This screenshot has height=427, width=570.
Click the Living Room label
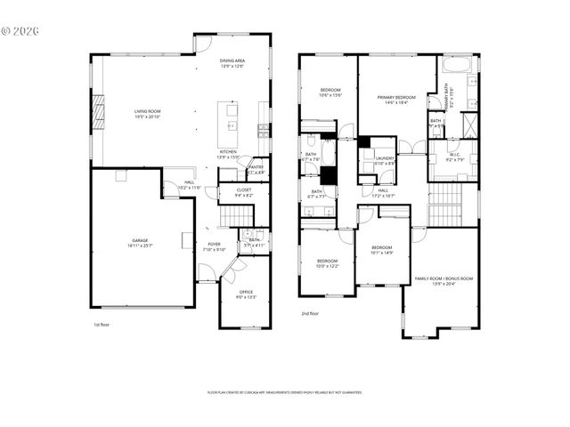point(146,114)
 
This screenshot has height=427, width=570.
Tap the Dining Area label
point(232,63)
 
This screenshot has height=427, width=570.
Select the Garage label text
point(141,243)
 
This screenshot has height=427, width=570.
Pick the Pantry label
point(256,169)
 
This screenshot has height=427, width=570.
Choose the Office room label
point(246,294)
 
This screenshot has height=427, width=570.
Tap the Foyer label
point(215,246)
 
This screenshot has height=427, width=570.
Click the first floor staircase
point(232,215)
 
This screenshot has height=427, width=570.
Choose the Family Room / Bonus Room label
point(444,281)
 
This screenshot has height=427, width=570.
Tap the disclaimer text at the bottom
point(285,391)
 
